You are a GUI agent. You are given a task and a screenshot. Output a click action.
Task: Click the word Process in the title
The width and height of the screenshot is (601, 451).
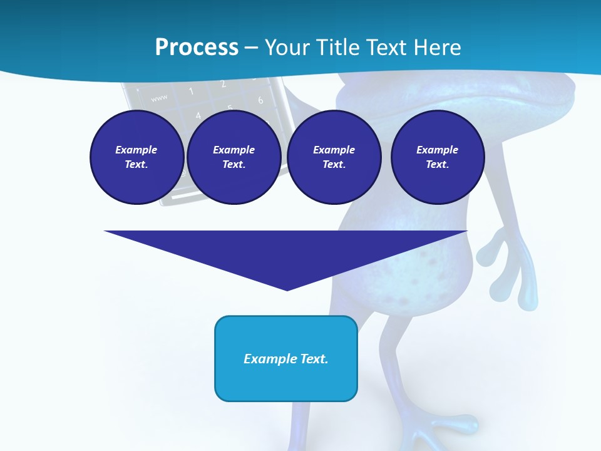197,47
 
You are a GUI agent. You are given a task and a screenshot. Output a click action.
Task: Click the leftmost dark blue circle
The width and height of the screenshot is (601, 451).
136,157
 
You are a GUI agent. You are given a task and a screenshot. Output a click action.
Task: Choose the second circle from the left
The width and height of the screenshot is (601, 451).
234,157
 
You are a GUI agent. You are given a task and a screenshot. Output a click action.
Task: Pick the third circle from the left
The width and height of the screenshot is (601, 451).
334,157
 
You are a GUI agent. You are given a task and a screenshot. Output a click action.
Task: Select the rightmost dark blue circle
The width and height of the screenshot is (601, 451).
437,157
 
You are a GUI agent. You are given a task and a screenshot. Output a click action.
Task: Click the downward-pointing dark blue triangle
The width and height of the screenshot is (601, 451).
286,254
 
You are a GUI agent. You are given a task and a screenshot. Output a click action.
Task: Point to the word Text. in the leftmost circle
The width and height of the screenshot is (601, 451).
136,164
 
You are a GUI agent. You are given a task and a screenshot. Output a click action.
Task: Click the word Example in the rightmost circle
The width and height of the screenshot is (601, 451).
437,150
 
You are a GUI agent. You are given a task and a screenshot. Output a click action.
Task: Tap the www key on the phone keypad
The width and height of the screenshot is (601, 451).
159,97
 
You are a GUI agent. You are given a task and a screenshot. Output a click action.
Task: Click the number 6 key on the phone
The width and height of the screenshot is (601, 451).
260,100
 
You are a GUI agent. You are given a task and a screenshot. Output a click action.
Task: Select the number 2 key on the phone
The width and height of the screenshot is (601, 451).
223,84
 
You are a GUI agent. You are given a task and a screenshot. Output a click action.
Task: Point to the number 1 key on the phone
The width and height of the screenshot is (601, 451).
191,91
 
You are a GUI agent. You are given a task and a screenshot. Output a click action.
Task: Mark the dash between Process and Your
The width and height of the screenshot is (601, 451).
251,48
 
